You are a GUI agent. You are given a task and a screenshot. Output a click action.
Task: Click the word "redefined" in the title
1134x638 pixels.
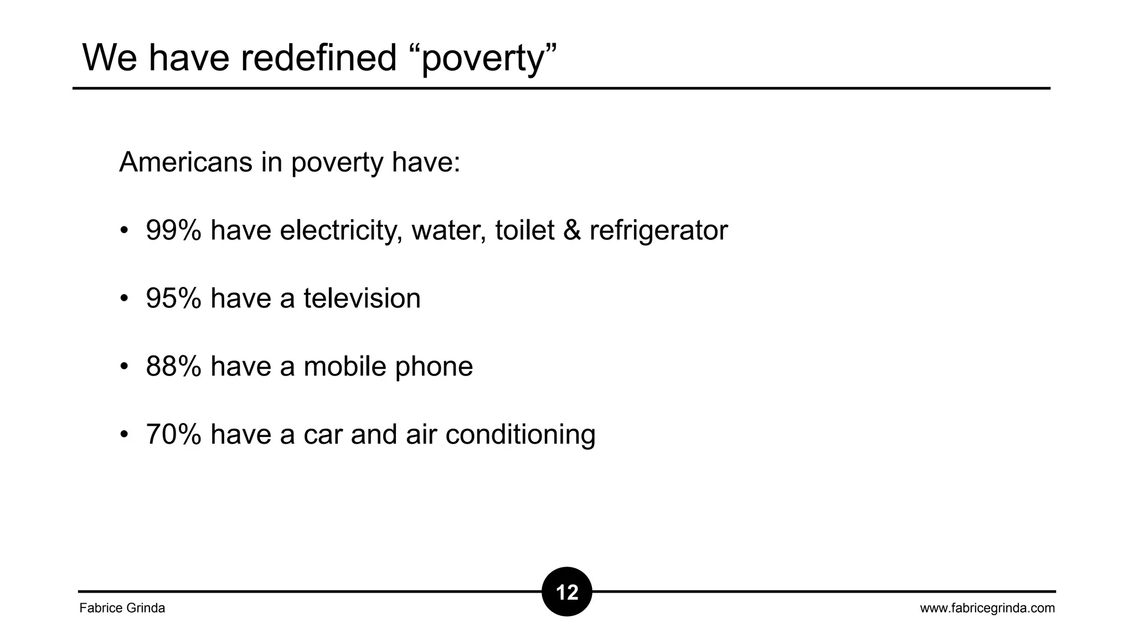tap(318, 58)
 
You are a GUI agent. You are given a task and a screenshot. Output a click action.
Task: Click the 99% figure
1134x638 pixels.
tap(173, 230)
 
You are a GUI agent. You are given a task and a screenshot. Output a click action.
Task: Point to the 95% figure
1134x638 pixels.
tap(173, 299)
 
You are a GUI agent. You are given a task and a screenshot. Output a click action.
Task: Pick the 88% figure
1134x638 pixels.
tap(173, 367)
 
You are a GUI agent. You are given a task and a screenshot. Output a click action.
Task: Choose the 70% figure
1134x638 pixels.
tap(173, 434)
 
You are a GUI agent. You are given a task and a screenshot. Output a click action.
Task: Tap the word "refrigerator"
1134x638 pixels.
tap(658, 231)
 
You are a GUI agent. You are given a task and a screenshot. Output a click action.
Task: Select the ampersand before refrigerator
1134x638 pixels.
tap(572, 230)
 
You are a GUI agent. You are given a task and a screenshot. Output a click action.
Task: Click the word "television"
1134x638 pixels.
tap(362, 299)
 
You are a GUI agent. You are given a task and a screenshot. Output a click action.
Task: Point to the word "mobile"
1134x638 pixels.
tap(344, 367)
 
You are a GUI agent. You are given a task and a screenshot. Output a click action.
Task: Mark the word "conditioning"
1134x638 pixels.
tap(520, 435)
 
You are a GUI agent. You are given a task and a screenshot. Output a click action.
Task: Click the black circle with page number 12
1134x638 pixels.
tap(567, 592)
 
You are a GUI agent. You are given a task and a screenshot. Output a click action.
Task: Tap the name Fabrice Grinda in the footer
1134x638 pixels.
tap(122, 608)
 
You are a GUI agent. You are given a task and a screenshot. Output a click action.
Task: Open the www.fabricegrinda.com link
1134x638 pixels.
tap(987, 608)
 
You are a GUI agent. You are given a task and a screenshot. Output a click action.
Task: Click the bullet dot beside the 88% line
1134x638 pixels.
tap(124, 367)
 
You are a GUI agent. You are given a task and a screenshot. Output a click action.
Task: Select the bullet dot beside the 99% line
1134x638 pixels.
tap(124, 230)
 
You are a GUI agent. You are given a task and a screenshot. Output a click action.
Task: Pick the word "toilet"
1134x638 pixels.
tap(524, 230)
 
